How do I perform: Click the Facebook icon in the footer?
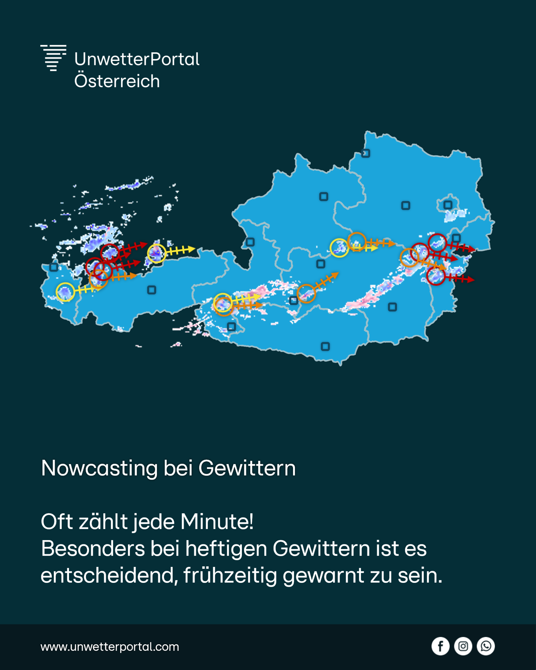[440, 646]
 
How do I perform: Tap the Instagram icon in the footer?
[463, 646]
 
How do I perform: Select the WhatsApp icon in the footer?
[486, 646]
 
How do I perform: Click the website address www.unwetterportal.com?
[110, 647]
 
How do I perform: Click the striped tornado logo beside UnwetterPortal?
[53, 58]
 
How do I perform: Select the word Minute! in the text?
[217, 521]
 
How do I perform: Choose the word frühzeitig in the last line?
[230, 575]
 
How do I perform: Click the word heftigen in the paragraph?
[226, 548]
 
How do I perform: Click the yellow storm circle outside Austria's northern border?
[156, 254]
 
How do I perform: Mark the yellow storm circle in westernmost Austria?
[65, 292]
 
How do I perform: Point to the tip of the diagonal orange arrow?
[338, 273]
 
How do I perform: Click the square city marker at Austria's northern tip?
[366, 153]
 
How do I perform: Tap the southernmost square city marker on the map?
[325, 347]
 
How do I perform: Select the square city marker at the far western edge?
[54, 267]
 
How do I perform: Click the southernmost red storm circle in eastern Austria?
[436, 276]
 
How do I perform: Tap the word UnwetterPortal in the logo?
[137, 59]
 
